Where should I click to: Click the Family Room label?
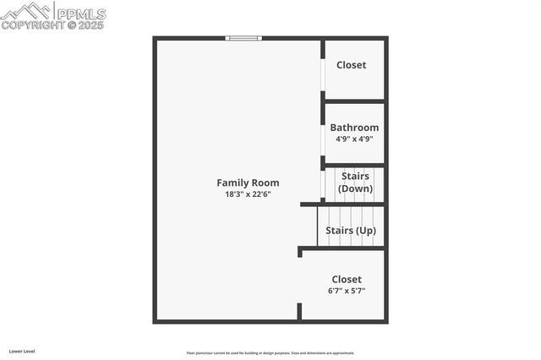point(248,183)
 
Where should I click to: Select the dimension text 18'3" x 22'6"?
point(248,194)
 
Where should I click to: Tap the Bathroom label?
point(354,128)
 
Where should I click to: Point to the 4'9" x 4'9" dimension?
point(354,139)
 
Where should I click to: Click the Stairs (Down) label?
point(355,183)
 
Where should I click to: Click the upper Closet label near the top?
point(352,65)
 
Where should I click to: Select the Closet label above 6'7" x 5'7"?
point(347,279)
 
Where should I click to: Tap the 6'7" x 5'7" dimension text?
point(347,291)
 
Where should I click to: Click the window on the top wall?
point(244,37)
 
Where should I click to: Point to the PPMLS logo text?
point(81,14)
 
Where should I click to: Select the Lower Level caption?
point(21,351)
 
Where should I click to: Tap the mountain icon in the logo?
point(25,11)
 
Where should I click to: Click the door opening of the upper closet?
point(323,75)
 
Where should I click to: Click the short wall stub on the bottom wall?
point(299,312)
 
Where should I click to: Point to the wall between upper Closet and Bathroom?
point(354,101)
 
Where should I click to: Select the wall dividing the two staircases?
point(342,204)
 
